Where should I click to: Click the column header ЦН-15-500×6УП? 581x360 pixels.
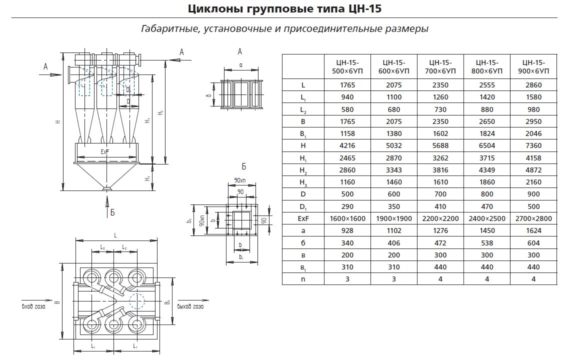pyautogui.click(x=347, y=66)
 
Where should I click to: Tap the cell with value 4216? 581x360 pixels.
pyautogui.click(x=347, y=146)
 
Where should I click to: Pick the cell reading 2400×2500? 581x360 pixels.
pyautogui.click(x=486, y=218)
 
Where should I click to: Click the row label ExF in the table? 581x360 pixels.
pyautogui.click(x=303, y=218)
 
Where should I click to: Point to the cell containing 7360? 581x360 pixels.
pyautogui.click(x=533, y=146)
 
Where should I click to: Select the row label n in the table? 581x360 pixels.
pyautogui.click(x=303, y=279)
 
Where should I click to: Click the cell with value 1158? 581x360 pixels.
pyautogui.click(x=347, y=133)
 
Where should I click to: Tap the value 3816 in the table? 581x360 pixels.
pyautogui.click(x=440, y=170)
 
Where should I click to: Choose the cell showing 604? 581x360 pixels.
pyautogui.click(x=533, y=243)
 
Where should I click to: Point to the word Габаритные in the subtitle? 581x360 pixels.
pyautogui.click(x=170, y=29)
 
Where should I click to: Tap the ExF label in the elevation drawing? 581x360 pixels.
pyautogui.click(x=104, y=151)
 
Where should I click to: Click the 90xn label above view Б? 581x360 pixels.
pyautogui.click(x=239, y=180)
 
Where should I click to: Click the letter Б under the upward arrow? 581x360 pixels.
pyautogui.click(x=113, y=212)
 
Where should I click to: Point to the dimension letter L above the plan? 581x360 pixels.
pyautogui.click(x=115, y=234)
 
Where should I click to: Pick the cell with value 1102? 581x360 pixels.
pyautogui.click(x=393, y=230)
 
